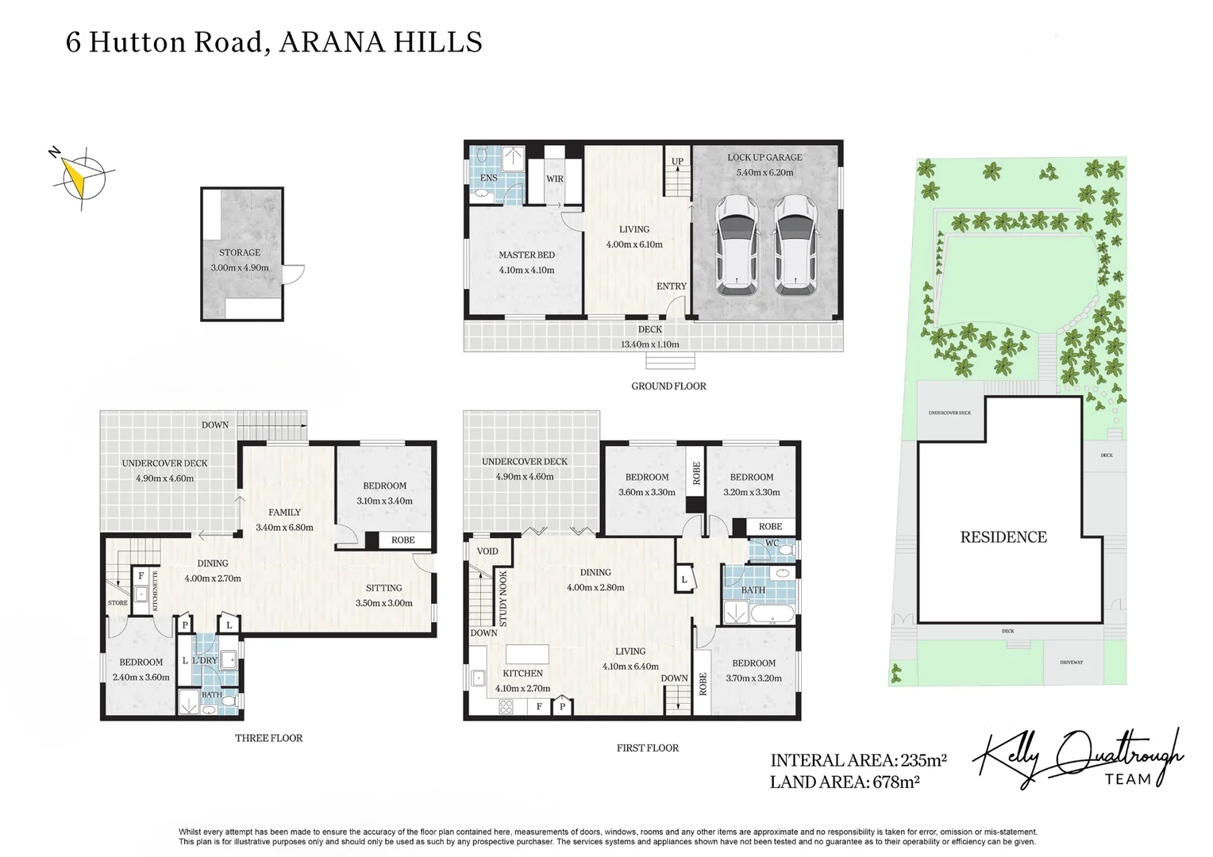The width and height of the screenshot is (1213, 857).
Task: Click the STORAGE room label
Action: pyautogui.click(x=240, y=252)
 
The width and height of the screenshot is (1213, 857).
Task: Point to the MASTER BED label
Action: pyautogui.click(x=526, y=255)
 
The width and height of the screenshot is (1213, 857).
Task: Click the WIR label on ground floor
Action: pyautogui.click(x=555, y=179)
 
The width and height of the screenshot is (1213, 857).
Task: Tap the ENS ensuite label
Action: pyautogui.click(x=488, y=178)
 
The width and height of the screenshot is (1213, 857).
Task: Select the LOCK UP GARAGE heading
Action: pyautogui.click(x=764, y=157)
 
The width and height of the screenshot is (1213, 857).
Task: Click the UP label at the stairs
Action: pyautogui.click(x=677, y=161)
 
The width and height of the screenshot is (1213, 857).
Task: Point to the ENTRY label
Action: pyautogui.click(x=671, y=286)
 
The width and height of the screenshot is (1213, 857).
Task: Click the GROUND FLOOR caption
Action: pyautogui.click(x=668, y=386)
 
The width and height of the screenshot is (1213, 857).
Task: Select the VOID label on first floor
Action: pyautogui.click(x=487, y=551)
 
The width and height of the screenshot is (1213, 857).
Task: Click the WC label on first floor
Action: pyautogui.click(x=772, y=544)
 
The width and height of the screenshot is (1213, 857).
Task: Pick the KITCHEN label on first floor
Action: pyautogui.click(x=522, y=673)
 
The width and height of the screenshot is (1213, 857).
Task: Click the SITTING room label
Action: pyautogui.click(x=383, y=588)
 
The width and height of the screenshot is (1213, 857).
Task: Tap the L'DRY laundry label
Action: pyautogui.click(x=204, y=660)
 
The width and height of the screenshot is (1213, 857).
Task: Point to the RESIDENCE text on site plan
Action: pyautogui.click(x=1003, y=537)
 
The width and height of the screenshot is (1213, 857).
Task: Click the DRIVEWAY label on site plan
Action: pyautogui.click(x=1071, y=662)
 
